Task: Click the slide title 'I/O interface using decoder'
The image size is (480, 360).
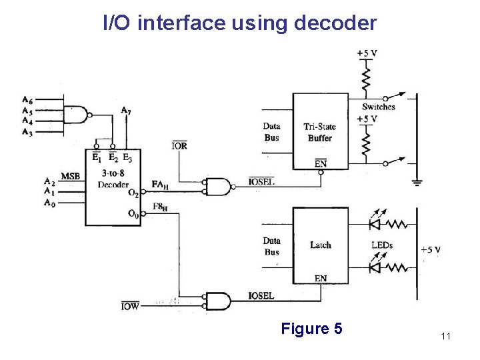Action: point(240,23)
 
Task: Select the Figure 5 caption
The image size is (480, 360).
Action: point(311,329)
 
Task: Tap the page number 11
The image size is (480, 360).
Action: point(445,337)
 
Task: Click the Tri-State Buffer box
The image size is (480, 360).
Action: point(320,132)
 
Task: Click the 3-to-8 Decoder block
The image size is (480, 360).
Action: point(113,187)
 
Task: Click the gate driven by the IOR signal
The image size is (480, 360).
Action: point(217,187)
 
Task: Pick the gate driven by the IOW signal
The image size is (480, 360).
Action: point(217,301)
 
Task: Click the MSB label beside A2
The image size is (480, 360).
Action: point(71,175)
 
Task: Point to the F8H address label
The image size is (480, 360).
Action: point(160,207)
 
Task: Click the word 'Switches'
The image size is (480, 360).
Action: point(378,107)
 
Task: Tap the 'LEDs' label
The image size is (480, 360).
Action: point(381,245)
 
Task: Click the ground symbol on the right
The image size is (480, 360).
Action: point(417,181)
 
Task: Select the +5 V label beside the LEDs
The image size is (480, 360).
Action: point(430,249)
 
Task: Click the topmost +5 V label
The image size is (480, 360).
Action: point(367,53)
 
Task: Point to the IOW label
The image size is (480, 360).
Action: point(130,307)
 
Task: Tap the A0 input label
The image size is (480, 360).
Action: point(49,202)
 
